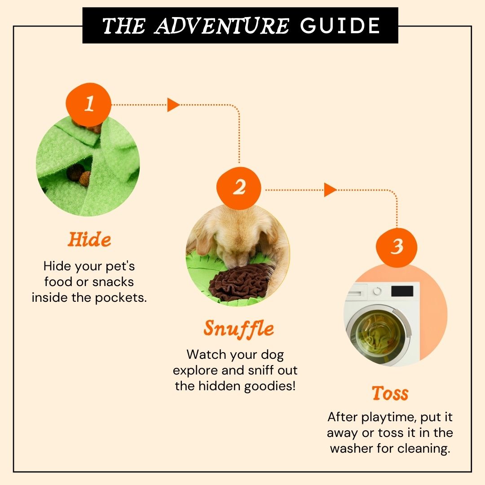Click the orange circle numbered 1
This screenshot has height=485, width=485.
[88, 104]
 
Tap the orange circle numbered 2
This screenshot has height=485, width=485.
[239, 188]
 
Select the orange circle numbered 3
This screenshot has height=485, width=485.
[397, 247]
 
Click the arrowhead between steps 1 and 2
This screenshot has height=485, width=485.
[173, 105]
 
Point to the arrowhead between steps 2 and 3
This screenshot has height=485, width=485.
[330, 190]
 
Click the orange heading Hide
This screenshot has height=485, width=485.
[89, 239]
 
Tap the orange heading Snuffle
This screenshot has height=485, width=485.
[239, 329]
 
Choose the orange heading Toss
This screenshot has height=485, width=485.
[390, 393]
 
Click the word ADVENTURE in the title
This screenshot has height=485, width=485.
[221, 26]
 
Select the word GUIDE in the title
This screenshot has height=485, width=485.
[340, 26]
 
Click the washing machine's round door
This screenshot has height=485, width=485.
[379, 334]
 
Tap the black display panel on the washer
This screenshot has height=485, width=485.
[402, 291]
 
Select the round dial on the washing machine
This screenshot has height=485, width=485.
[377, 291]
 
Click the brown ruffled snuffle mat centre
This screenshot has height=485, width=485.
[240, 282]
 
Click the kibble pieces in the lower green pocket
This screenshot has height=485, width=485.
[79, 176]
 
